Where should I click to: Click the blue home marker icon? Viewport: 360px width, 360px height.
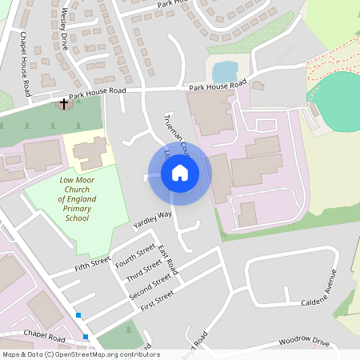click(180, 172)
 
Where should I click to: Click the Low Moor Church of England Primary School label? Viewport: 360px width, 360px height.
click(77, 199)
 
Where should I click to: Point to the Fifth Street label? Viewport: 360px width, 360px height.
click(91, 263)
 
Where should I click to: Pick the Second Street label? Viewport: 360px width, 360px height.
click(150, 287)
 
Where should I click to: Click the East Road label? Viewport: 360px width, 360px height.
click(168, 263)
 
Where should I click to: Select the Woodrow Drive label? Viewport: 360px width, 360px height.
click(304, 342)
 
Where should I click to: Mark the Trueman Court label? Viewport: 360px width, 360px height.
click(178, 130)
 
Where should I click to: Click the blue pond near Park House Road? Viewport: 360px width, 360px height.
click(225, 71)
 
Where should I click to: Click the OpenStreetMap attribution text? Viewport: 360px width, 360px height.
click(80, 354)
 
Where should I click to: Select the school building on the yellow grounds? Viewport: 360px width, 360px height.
click(91, 152)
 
